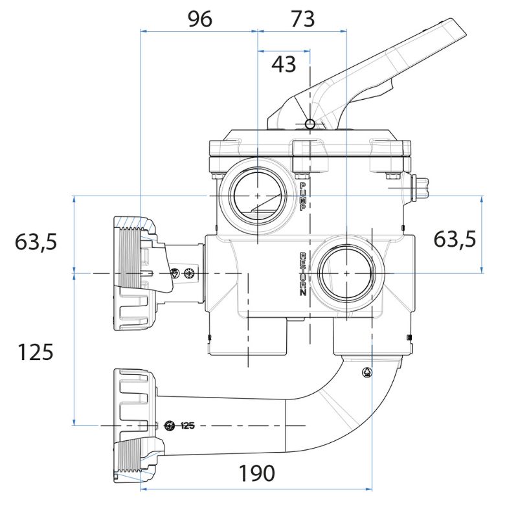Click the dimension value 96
[x=199, y=19]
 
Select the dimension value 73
[x=302, y=19]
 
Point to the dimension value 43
[x=283, y=63]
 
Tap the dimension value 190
[x=256, y=473]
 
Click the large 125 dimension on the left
[x=36, y=352]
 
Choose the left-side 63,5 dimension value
[x=36, y=242]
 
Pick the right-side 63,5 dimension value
[x=455, y=239]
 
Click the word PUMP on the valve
[x=302, y=196]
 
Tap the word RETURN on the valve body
[x=302, y=274]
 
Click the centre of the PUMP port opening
[x=257, y=195]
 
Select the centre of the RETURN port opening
[x=346, y=273]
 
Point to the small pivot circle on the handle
[x=310, y=124]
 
